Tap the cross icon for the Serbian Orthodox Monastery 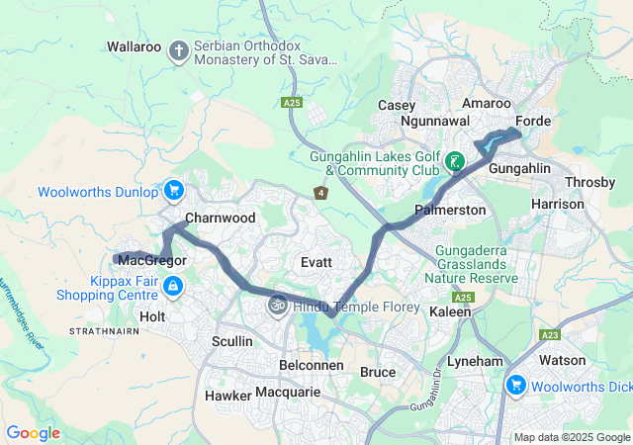tap(179, 50)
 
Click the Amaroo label tap(487, 104)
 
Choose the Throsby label tap(588, 183)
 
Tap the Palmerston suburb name tap(450, 211)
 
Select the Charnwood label tap(221, 218)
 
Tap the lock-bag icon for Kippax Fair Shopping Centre tap(173, 287)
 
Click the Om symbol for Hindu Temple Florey tap(277, 306)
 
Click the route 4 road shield tap(320, 193)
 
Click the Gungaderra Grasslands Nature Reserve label tap(471, 265)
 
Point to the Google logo tap(33, 433)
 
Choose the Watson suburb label tap(563, 360)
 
